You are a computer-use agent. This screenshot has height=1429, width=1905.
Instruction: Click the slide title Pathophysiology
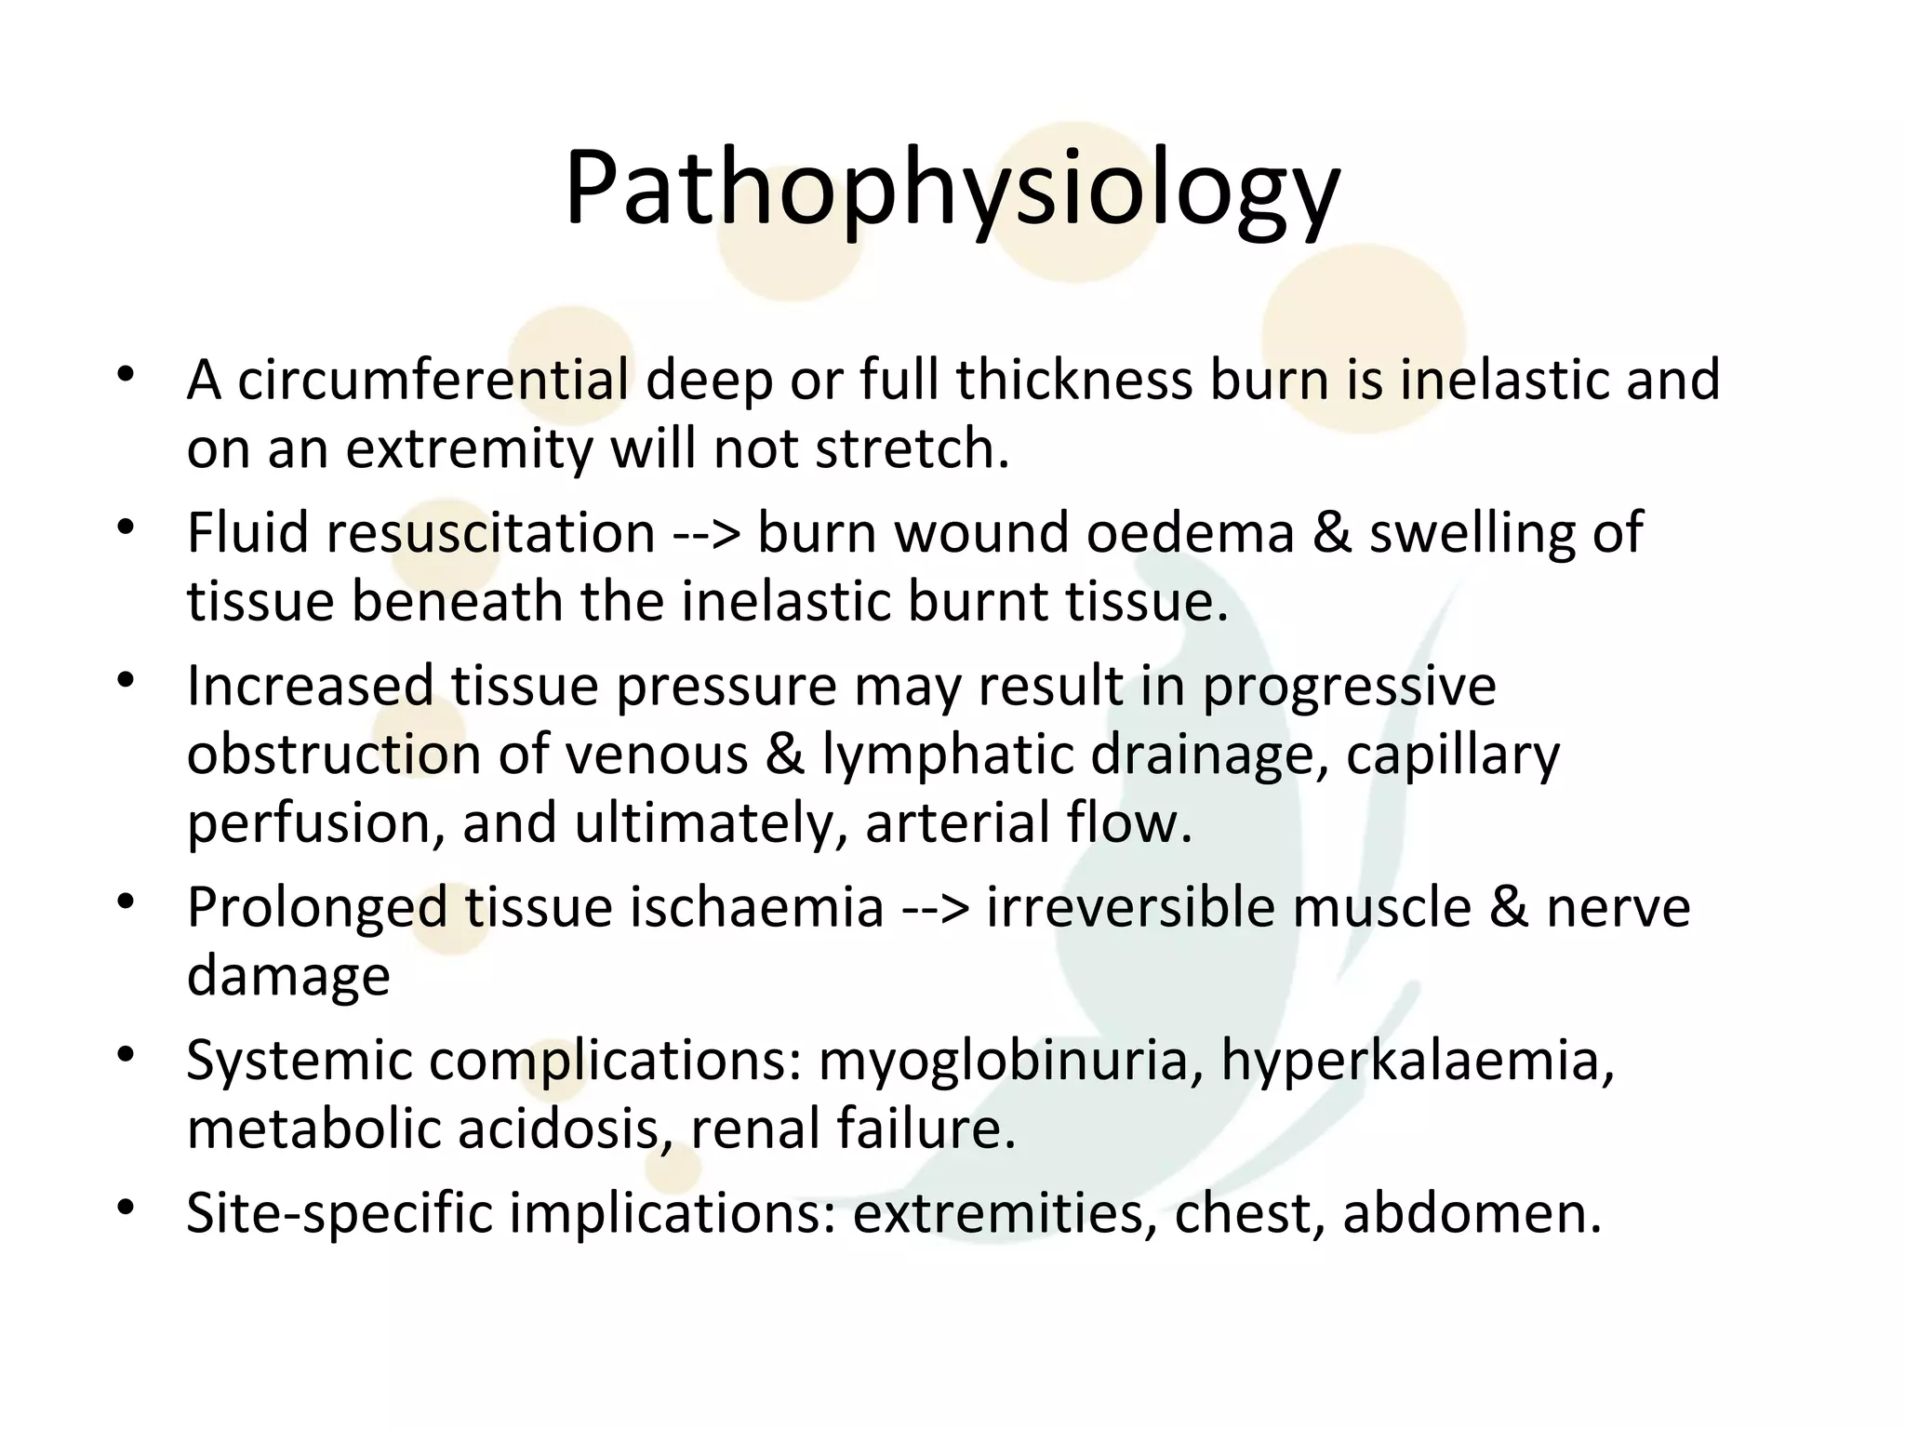[951, 192]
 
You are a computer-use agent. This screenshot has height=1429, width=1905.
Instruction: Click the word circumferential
[433, 381]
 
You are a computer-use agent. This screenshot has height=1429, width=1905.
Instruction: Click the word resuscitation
[490, 533]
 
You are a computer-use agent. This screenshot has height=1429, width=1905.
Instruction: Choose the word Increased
[311, 686]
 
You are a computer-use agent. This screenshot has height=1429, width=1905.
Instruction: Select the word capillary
[1452, 755]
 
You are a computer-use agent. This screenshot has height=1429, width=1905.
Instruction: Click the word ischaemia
[756, 907]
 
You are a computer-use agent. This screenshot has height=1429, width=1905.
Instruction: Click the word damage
[288, 976]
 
